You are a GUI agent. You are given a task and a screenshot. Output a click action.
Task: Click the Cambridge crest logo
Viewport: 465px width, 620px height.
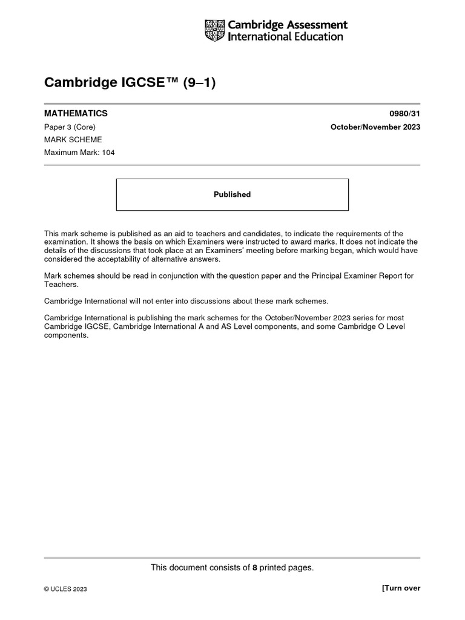[x=215, y=30]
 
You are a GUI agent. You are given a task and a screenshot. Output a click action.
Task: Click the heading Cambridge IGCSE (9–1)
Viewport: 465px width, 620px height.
[x=130, y=83]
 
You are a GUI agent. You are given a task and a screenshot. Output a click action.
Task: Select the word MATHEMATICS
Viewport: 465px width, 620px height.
[x=76, y=113]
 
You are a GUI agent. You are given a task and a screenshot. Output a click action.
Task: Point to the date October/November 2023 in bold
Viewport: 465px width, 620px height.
[x=375, y=127]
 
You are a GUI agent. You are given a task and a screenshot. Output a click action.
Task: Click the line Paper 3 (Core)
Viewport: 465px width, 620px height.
[x=70, y=127]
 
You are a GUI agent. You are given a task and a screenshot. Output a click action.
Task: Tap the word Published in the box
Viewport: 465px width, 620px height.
[x=232, y=194]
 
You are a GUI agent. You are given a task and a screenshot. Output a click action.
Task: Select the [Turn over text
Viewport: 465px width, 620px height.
[x=401, y=589]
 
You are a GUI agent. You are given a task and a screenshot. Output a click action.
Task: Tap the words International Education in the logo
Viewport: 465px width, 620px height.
[x=285, y=37]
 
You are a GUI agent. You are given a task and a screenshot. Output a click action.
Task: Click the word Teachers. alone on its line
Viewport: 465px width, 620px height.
[x=61, y=284]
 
